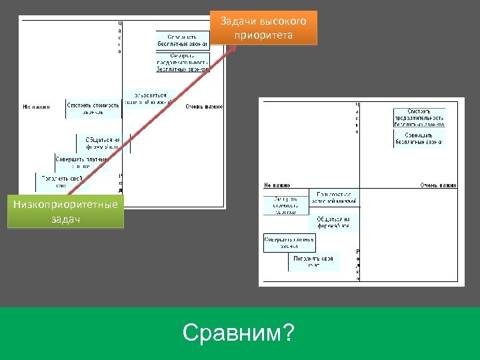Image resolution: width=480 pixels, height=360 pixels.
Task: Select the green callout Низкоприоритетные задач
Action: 65,211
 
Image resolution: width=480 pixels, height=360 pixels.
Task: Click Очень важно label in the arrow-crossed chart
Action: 204,107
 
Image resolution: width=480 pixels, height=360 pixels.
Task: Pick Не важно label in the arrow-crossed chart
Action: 36,107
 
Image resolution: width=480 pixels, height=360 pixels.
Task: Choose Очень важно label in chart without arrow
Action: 438,185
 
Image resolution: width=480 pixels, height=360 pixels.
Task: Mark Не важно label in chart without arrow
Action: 277,185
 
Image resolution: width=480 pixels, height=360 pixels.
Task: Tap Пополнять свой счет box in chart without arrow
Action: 314,262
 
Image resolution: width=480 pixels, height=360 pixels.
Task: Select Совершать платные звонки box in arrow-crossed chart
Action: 81,163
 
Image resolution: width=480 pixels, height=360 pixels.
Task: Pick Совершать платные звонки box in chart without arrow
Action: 289,243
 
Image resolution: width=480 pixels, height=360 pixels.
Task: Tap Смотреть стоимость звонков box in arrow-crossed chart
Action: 93,108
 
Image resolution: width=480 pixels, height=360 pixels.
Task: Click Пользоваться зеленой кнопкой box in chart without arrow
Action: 334,197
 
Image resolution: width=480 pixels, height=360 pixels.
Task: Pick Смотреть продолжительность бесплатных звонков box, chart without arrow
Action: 419,117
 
